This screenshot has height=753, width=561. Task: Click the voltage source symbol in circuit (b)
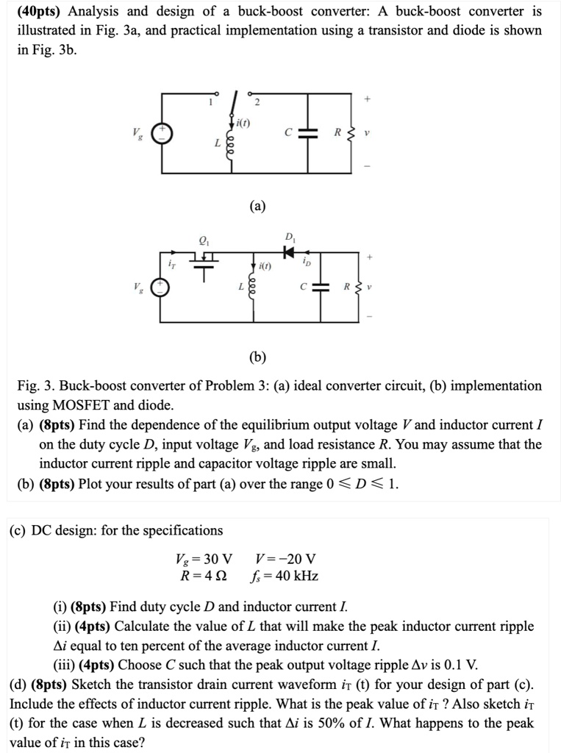tap(161, 286)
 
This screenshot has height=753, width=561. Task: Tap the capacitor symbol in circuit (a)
tap(309, 134)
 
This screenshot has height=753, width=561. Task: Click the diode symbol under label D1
tap(289, 251)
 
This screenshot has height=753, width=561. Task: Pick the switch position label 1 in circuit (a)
tap(210, 102)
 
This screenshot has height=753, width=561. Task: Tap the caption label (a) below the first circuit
tap(258, 207)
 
